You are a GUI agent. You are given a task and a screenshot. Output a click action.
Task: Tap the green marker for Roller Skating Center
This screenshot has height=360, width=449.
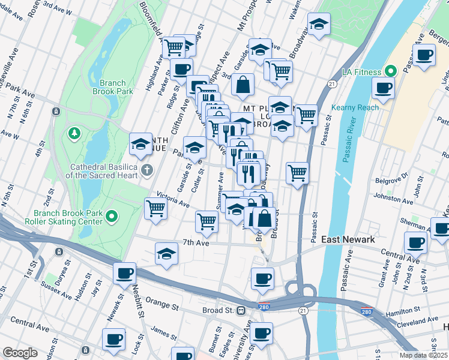111,216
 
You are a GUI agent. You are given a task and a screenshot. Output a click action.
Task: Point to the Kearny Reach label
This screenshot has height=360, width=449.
361,107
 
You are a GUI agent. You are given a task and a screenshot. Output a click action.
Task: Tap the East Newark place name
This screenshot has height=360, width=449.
348,239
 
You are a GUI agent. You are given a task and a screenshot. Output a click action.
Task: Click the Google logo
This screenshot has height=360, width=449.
20,353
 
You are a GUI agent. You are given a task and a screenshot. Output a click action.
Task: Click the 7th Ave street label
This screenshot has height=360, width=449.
195,242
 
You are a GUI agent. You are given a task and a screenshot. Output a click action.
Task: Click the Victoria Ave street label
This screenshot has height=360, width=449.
173,199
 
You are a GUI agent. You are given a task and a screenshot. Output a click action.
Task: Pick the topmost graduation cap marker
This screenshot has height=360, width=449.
319,25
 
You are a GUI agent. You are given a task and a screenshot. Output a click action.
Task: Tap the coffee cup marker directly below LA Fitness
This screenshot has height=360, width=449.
383,88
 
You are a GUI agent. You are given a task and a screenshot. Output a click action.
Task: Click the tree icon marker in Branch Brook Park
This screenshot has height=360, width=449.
76,132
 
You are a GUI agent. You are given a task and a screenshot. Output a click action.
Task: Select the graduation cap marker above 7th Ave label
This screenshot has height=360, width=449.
167,253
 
